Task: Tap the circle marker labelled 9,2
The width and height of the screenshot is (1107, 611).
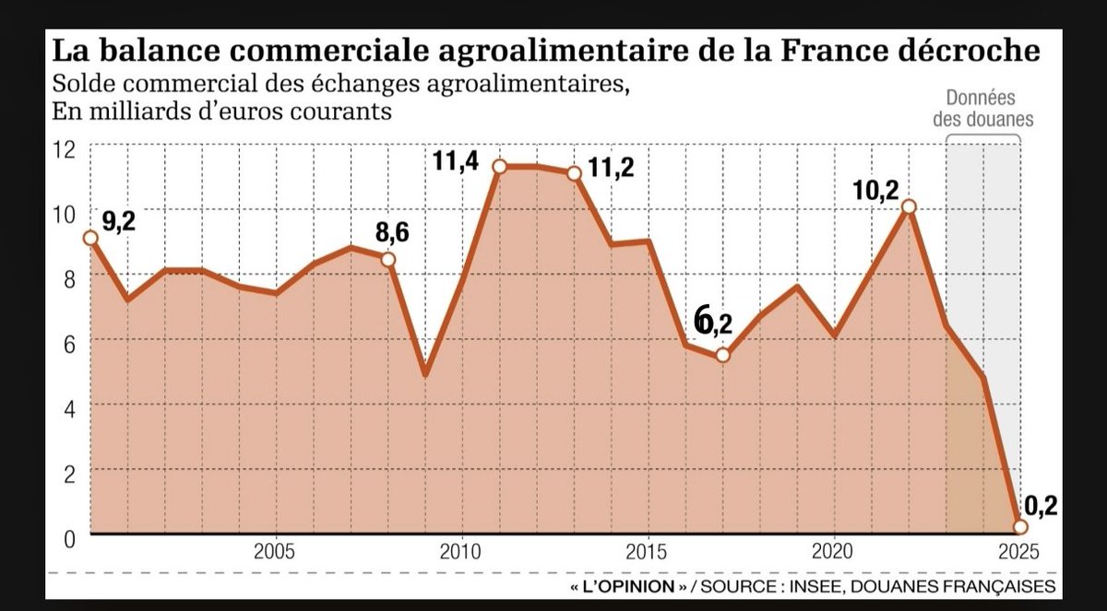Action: coord(89,238)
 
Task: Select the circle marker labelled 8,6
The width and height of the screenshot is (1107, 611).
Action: coord(388,259)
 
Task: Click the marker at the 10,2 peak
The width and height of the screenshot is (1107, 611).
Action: coord(909,207)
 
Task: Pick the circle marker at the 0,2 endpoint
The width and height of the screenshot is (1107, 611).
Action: coord(1020,527)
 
